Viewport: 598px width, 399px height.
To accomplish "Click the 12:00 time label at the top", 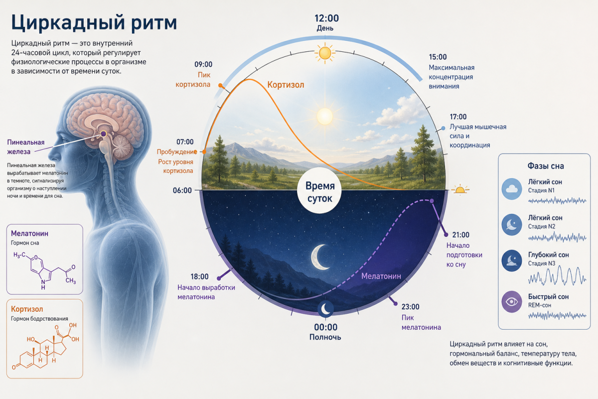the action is click(x=326, y=18).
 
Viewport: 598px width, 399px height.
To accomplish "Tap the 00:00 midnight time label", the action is click(x=326, y=327).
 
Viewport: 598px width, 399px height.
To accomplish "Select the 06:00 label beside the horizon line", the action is click(x=182, y=191).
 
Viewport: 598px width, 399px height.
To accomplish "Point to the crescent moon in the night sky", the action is click(x=320, y=257).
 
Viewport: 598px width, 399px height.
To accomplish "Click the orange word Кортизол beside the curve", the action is click(x=286, y=85).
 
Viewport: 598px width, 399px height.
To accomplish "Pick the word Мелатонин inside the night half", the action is click(x=381, y=276).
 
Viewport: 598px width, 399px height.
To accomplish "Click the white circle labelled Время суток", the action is click(x=320, y=191).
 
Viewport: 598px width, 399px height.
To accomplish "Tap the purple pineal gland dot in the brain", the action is click(x=103, y=134).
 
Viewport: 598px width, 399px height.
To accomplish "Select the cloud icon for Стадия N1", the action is click(x=512, y=189).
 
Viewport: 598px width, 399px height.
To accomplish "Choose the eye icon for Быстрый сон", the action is click(x=512, y=302).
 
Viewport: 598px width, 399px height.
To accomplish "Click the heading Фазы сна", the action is click(x=546, y=166).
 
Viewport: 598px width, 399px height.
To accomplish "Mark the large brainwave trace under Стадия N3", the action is click(x=557, y=276).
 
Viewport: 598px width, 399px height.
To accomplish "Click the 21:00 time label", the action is click(x=461, y=235).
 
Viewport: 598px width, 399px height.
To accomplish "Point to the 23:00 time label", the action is click(x=410, y=307).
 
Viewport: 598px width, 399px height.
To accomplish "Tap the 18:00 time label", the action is click(x=199, y=277).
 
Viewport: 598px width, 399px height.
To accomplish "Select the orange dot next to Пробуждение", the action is click(x=204, y=152).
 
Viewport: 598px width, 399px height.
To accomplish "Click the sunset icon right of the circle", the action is click(x=460, y=190).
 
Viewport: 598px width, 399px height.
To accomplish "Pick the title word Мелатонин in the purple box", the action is click(x=29, y=233).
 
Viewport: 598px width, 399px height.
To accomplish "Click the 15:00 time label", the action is click(x=438, y=57).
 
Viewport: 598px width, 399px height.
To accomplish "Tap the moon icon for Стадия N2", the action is click(x=512, y=225).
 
